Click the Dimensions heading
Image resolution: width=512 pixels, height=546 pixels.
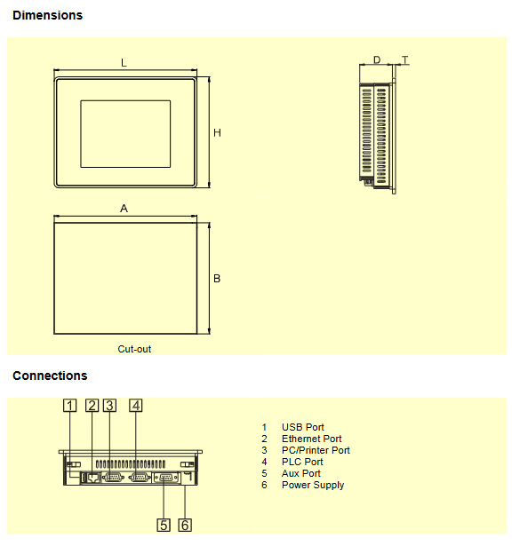click(x=47, y=15)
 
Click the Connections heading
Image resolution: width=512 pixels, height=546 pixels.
click(x=50, y=376)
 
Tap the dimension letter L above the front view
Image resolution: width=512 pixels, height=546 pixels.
click(x=124, y=63)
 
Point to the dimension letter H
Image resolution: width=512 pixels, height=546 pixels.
click(x=217, y=132)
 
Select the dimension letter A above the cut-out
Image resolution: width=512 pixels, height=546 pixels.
click(x=124, y=209)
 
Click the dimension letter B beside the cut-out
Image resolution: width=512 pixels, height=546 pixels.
click(x=217, y=279)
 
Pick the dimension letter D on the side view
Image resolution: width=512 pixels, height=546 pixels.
click(x=377, y=59)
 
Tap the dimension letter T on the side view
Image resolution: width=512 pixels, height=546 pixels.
click(x=405, y=59)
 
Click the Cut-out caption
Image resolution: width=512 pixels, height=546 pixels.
click(x=134, y=349)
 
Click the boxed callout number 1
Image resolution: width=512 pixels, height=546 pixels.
click(x=69, y=406)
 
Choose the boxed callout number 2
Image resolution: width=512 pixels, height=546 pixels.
click(x=92, y=406)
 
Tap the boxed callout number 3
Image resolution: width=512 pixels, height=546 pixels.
click(x=110, y=406)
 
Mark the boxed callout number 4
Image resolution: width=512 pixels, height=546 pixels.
click(x=136, y=406)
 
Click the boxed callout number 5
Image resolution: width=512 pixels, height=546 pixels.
click(x=164, y=525)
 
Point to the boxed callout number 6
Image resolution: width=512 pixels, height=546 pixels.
click(x=185, y=525)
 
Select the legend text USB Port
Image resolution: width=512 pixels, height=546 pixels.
click(x=303, y=427)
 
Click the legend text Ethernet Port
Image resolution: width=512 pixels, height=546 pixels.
click(x=312, y=439)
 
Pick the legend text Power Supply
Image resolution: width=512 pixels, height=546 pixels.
click(x=313, y=485)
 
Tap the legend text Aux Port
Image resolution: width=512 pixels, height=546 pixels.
click(x=301, y=473)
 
